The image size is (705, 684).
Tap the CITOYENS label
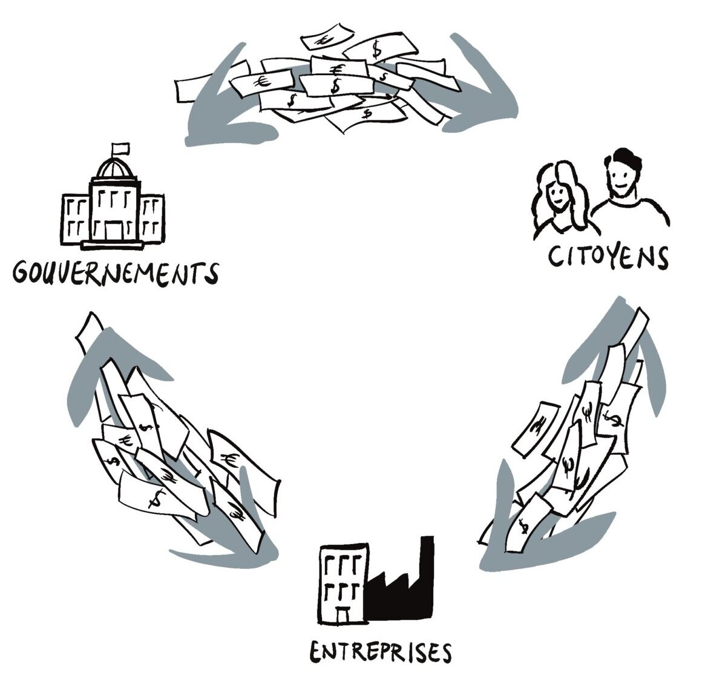(x=608, y=257)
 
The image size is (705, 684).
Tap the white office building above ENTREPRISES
(x=343, y=581)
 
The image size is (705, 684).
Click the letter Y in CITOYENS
(x=606, y=257)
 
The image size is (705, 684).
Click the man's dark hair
(x=623, y=158)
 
